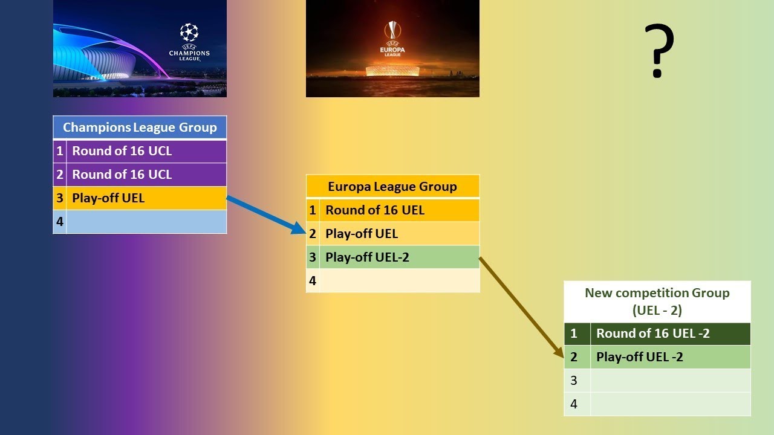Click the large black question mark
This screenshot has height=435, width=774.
click(659, 51)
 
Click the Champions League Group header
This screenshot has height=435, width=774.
click(140, 127)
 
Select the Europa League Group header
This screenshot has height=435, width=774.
click(392, 186)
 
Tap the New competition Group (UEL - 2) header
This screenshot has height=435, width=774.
click(657, 301)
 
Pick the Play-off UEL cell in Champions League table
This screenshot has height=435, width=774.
click(146, 198)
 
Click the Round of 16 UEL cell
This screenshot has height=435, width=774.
click(399, 210)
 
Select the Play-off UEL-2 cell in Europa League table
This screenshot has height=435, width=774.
click(399, 257)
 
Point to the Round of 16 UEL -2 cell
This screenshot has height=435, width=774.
click(670, 333)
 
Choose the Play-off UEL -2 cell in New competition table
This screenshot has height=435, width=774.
click(670, 357)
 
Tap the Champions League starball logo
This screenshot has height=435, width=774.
click(189, 33)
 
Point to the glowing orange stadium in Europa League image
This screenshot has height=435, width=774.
click(392, 71)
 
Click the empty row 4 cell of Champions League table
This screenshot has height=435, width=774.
click(146, 222)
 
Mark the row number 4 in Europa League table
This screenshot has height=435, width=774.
click(313, 280)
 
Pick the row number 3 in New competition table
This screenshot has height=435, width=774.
click(574, 381)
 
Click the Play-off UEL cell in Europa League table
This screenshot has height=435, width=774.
click(399, 233)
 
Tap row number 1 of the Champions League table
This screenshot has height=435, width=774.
click(59, 151)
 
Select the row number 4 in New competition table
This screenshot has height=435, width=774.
click(574, 404)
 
